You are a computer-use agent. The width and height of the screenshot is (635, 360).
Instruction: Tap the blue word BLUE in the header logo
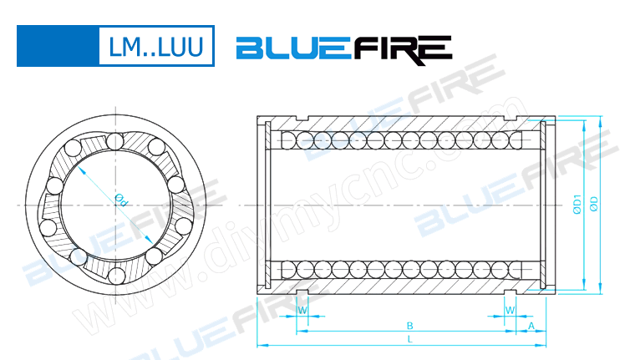pyautogui.click(x=293, y=48)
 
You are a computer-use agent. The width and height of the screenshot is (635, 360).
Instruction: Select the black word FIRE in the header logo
pyautogui.click(x=402, y=48)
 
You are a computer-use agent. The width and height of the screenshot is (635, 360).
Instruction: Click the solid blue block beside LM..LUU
pyautogui.click(x=55, y=47)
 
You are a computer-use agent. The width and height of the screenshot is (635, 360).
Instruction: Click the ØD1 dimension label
pyautogui.click(x=577, y=205)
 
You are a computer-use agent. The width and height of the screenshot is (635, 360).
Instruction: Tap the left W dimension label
pyautogui.click(x=302, y=310)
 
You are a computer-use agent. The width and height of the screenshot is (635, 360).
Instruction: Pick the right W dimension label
pyautogui.click(x=509, y=310)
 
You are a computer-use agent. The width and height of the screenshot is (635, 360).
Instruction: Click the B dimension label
pyautogui.click(x=409, y=325)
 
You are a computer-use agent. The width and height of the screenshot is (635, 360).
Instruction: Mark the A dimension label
pyautogui.click(x=532, y=325)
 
